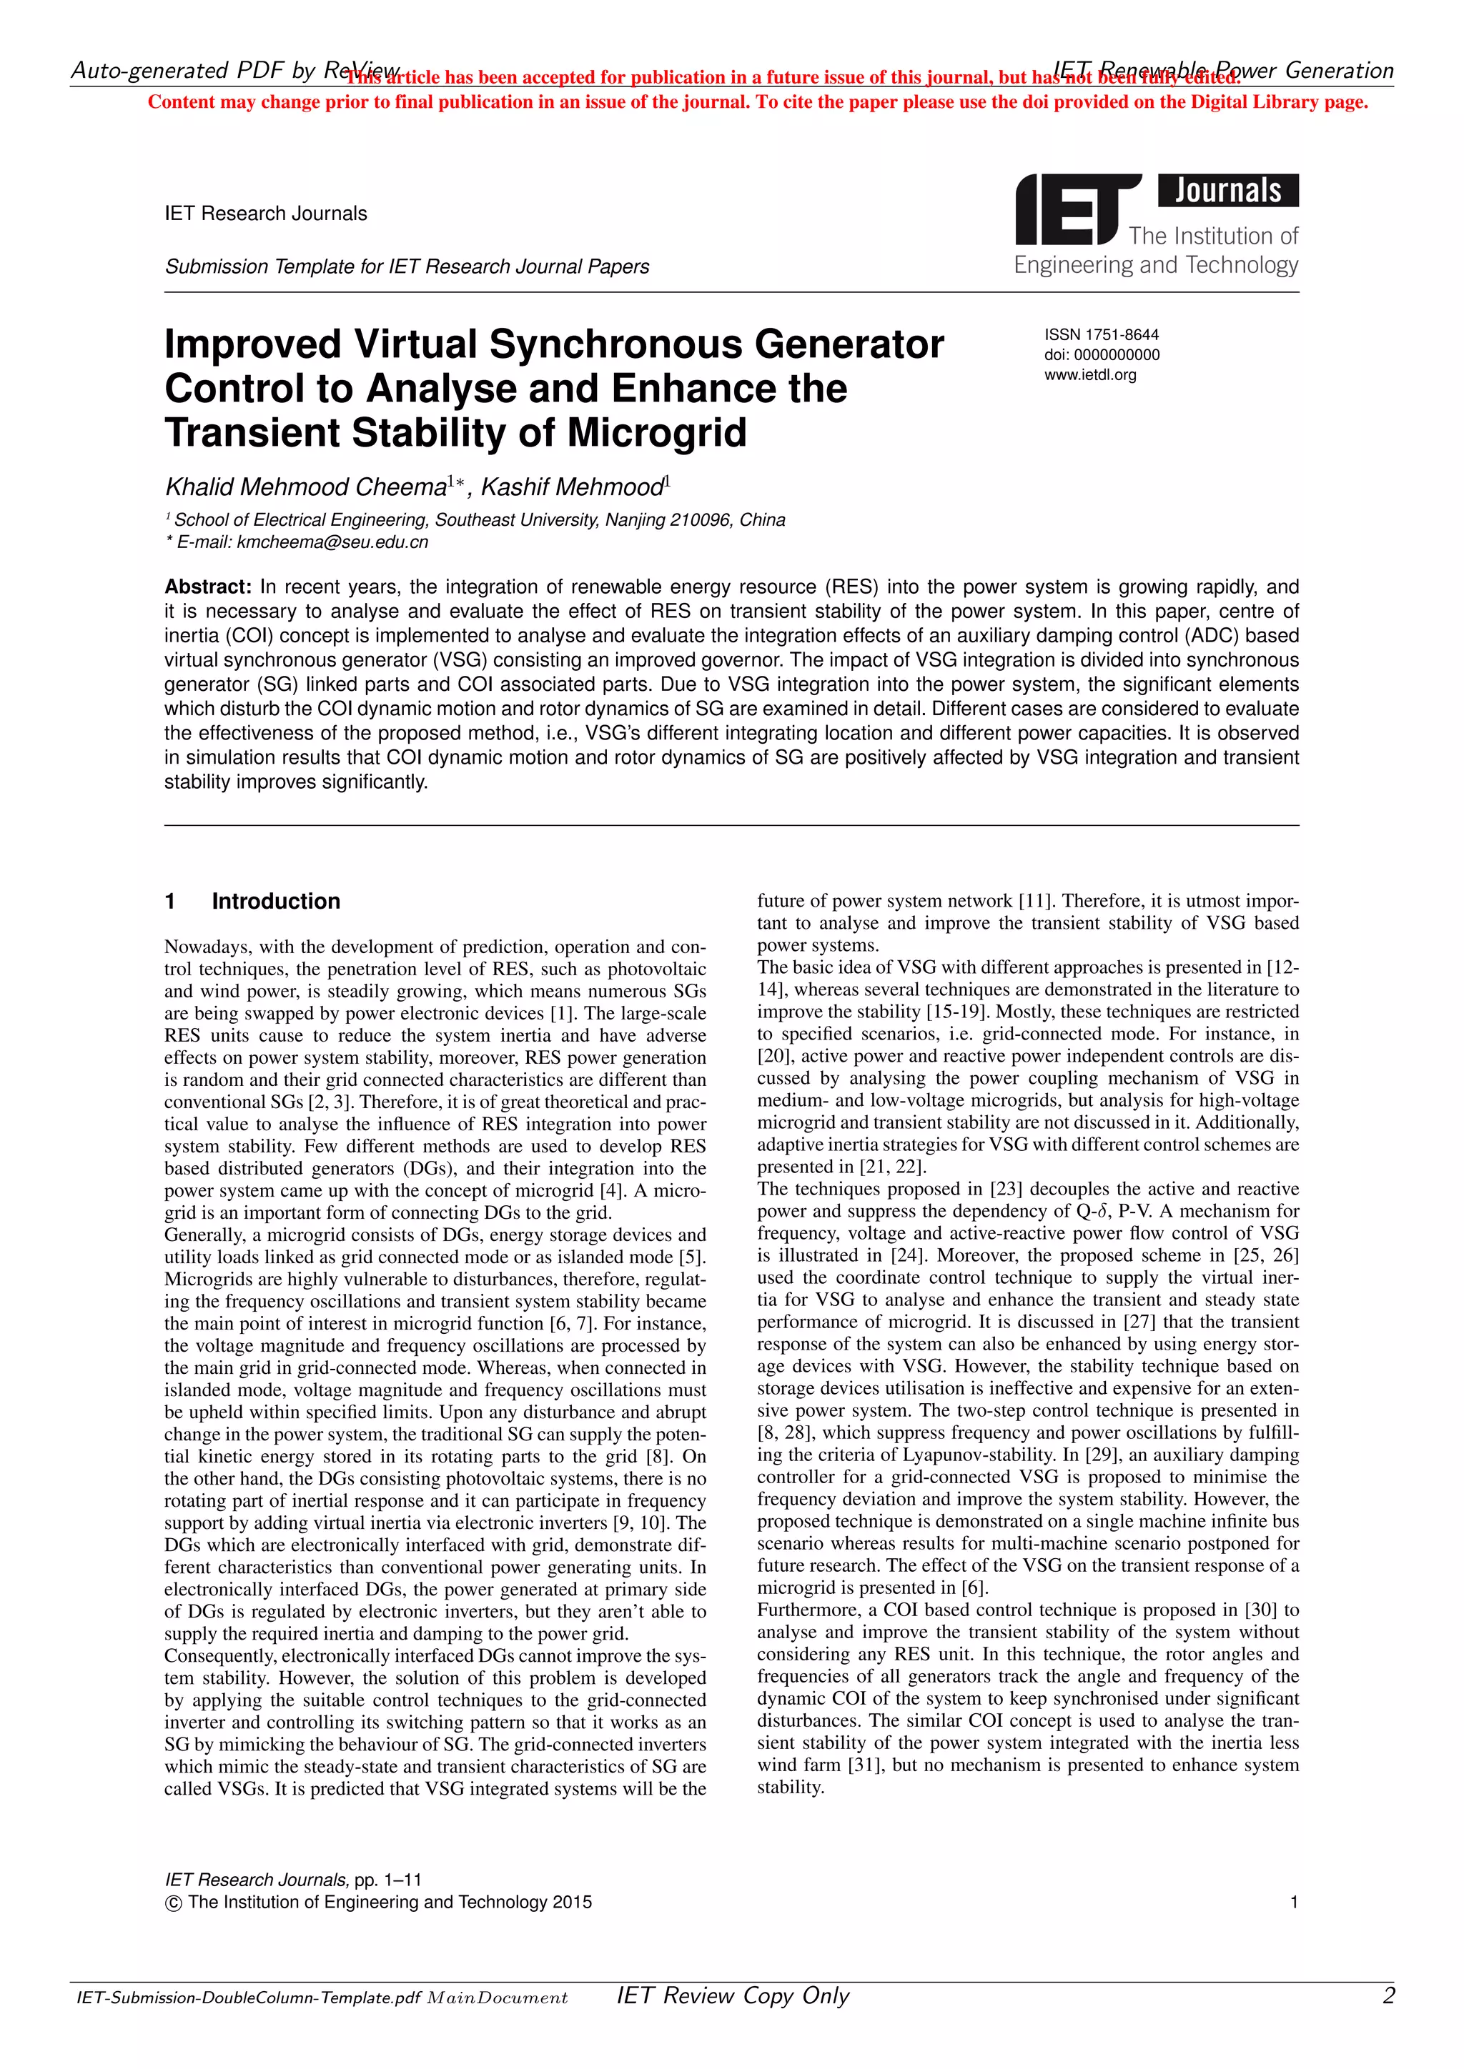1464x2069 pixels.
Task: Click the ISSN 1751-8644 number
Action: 1102,334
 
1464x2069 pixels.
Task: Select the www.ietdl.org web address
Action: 1090,375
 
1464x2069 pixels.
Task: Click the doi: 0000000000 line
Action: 1102,355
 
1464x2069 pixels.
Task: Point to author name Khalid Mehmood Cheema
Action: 306,487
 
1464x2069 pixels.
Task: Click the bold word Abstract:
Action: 207,587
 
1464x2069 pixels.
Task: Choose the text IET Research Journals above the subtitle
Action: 266,214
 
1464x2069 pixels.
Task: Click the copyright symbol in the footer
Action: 174,1903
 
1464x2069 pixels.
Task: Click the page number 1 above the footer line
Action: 1294,1903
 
